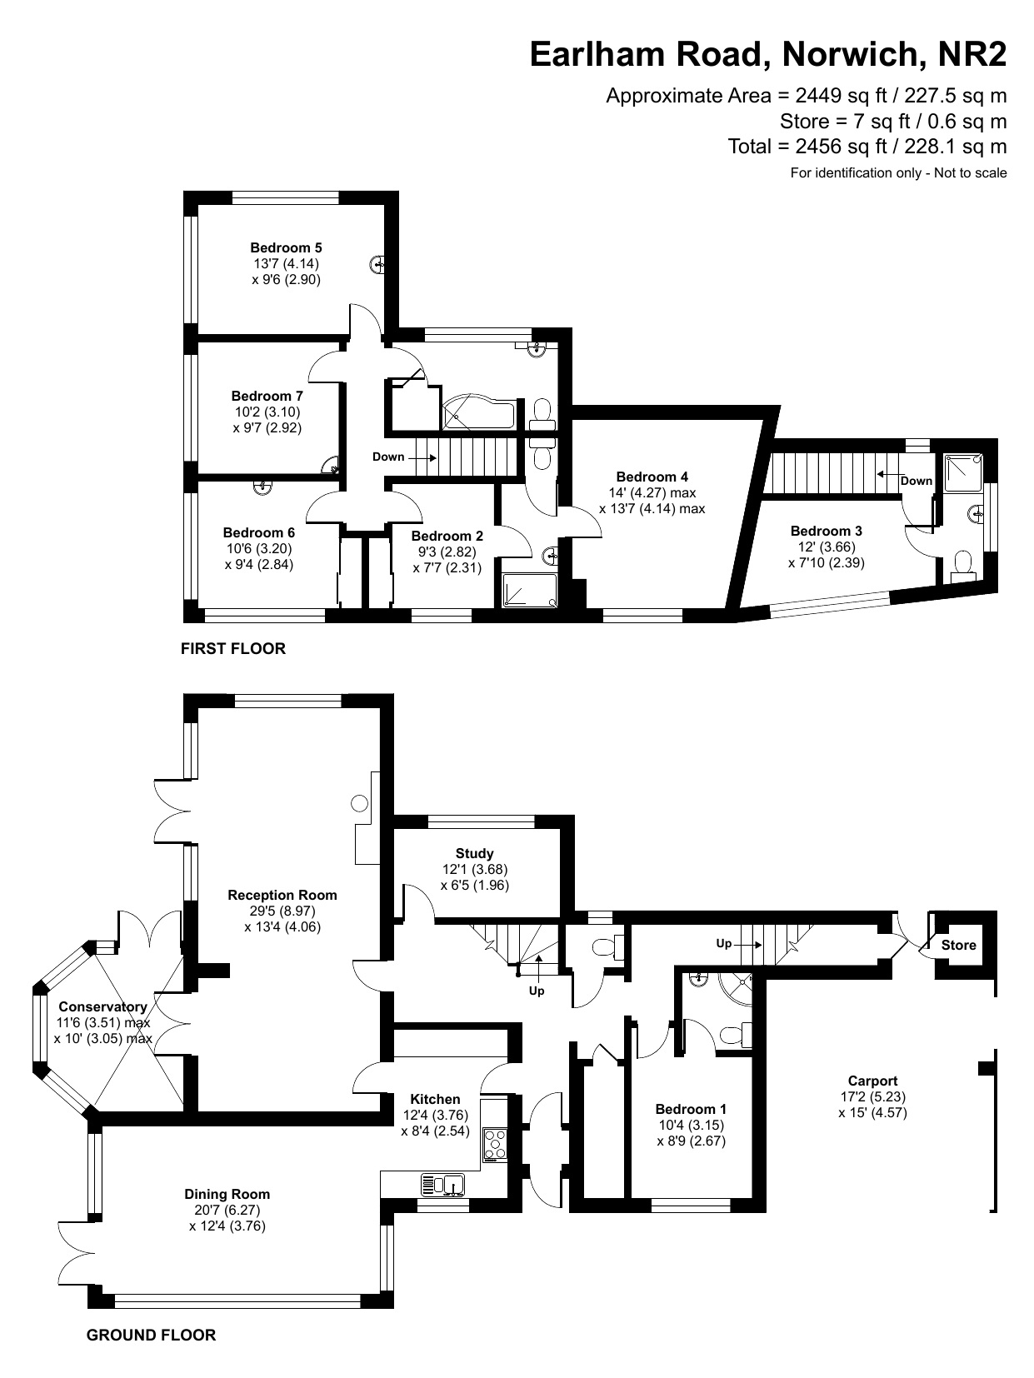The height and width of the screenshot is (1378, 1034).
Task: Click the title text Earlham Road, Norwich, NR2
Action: tap(768, 55)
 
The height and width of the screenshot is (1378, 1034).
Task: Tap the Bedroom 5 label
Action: tap(286, 247)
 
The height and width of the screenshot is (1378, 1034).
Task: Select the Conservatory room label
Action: tap(102, 1006)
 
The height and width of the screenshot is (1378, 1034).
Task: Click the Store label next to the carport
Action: tap(958, 945)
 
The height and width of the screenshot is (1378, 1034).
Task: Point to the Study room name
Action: tap(475, 853)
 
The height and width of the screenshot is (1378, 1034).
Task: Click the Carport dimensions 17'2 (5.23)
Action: tap(872, 1096)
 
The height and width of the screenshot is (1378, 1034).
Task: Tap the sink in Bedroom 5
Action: tap(378, 265)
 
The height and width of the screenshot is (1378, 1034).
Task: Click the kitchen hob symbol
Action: tap(495, 1143)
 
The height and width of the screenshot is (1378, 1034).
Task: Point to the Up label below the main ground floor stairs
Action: tap(537, 991)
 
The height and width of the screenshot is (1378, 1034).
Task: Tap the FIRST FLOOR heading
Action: tap(233, 648)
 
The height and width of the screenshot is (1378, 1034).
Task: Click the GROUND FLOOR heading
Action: tap(151, 1335)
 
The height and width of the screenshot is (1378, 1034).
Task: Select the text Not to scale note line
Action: tap(898, 173)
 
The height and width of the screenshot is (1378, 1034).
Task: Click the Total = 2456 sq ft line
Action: tap(867, 147)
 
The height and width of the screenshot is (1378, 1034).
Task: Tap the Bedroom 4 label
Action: tap(652, 477)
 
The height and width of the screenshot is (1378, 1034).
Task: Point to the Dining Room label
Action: tap(227, 1194)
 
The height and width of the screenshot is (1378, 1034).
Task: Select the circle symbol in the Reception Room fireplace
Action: tap(359, 803)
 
